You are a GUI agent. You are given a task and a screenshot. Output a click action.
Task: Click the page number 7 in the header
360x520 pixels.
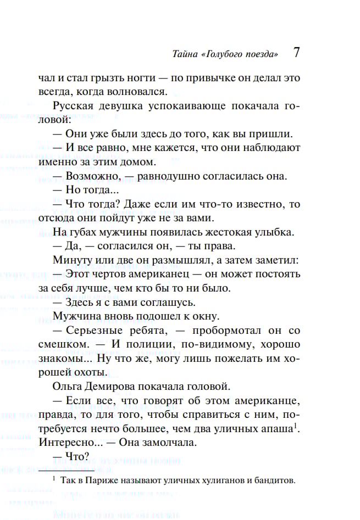pos(296,53)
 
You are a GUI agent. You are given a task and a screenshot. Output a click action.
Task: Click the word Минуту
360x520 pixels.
pos(70,259)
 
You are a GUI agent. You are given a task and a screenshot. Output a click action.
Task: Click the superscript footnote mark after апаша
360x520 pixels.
pos(295,425)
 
